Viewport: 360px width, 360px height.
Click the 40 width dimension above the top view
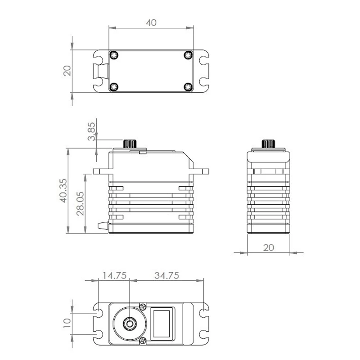pyautogui.click(x=151, y=22)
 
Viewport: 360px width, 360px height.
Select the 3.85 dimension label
pyautogui.click(x=91, y=131)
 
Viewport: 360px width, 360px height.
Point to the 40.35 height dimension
pyautogui.click(x=63, y=190)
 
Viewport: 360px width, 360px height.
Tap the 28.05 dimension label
pyautogui.click(x=80, y=204)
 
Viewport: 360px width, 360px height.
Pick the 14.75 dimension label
pyautogui.click(x=114, y=275)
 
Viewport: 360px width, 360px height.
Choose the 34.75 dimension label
pyautogui.click(x=166, y=275)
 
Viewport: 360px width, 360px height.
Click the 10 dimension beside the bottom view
pyautogui.click(x=67, y=323)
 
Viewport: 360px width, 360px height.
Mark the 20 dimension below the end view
pyautogui.click(x=268, y=248)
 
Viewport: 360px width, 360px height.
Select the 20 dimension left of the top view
pyautogui.click(x=67, y=71)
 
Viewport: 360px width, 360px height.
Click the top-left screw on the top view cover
pyautogui.click(x=114, y=55)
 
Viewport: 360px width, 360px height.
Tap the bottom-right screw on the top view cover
pyautogui.click(x=189, y=87)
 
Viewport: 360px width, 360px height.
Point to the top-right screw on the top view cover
pyautogui.click(x=189, y=55)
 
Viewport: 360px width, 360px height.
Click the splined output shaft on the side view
pyautogui.click(x=130, y=144)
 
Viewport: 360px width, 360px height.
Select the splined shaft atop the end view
pyautogui.click(x=268, y=144)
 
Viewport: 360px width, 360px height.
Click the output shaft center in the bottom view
pyautogui.click(x=130, y=324)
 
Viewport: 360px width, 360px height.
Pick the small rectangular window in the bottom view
pyautogui.click(x=162, y=324)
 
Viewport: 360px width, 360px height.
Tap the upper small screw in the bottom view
pyautogui.click(x=143, y=306)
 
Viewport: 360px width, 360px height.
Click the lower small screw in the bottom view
pyautogui.click(x=143, y=341)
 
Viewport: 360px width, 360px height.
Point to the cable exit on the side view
pyautogui.click(x=103, y=225)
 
